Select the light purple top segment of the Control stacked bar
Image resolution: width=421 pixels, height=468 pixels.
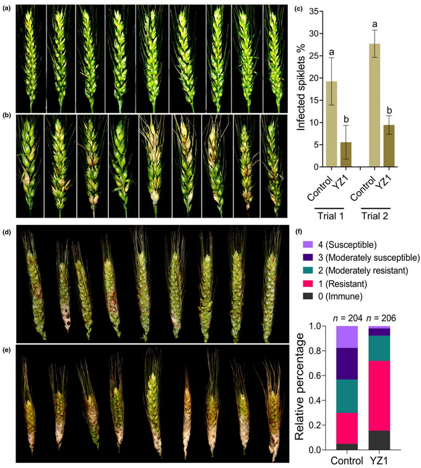pos(346,337)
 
